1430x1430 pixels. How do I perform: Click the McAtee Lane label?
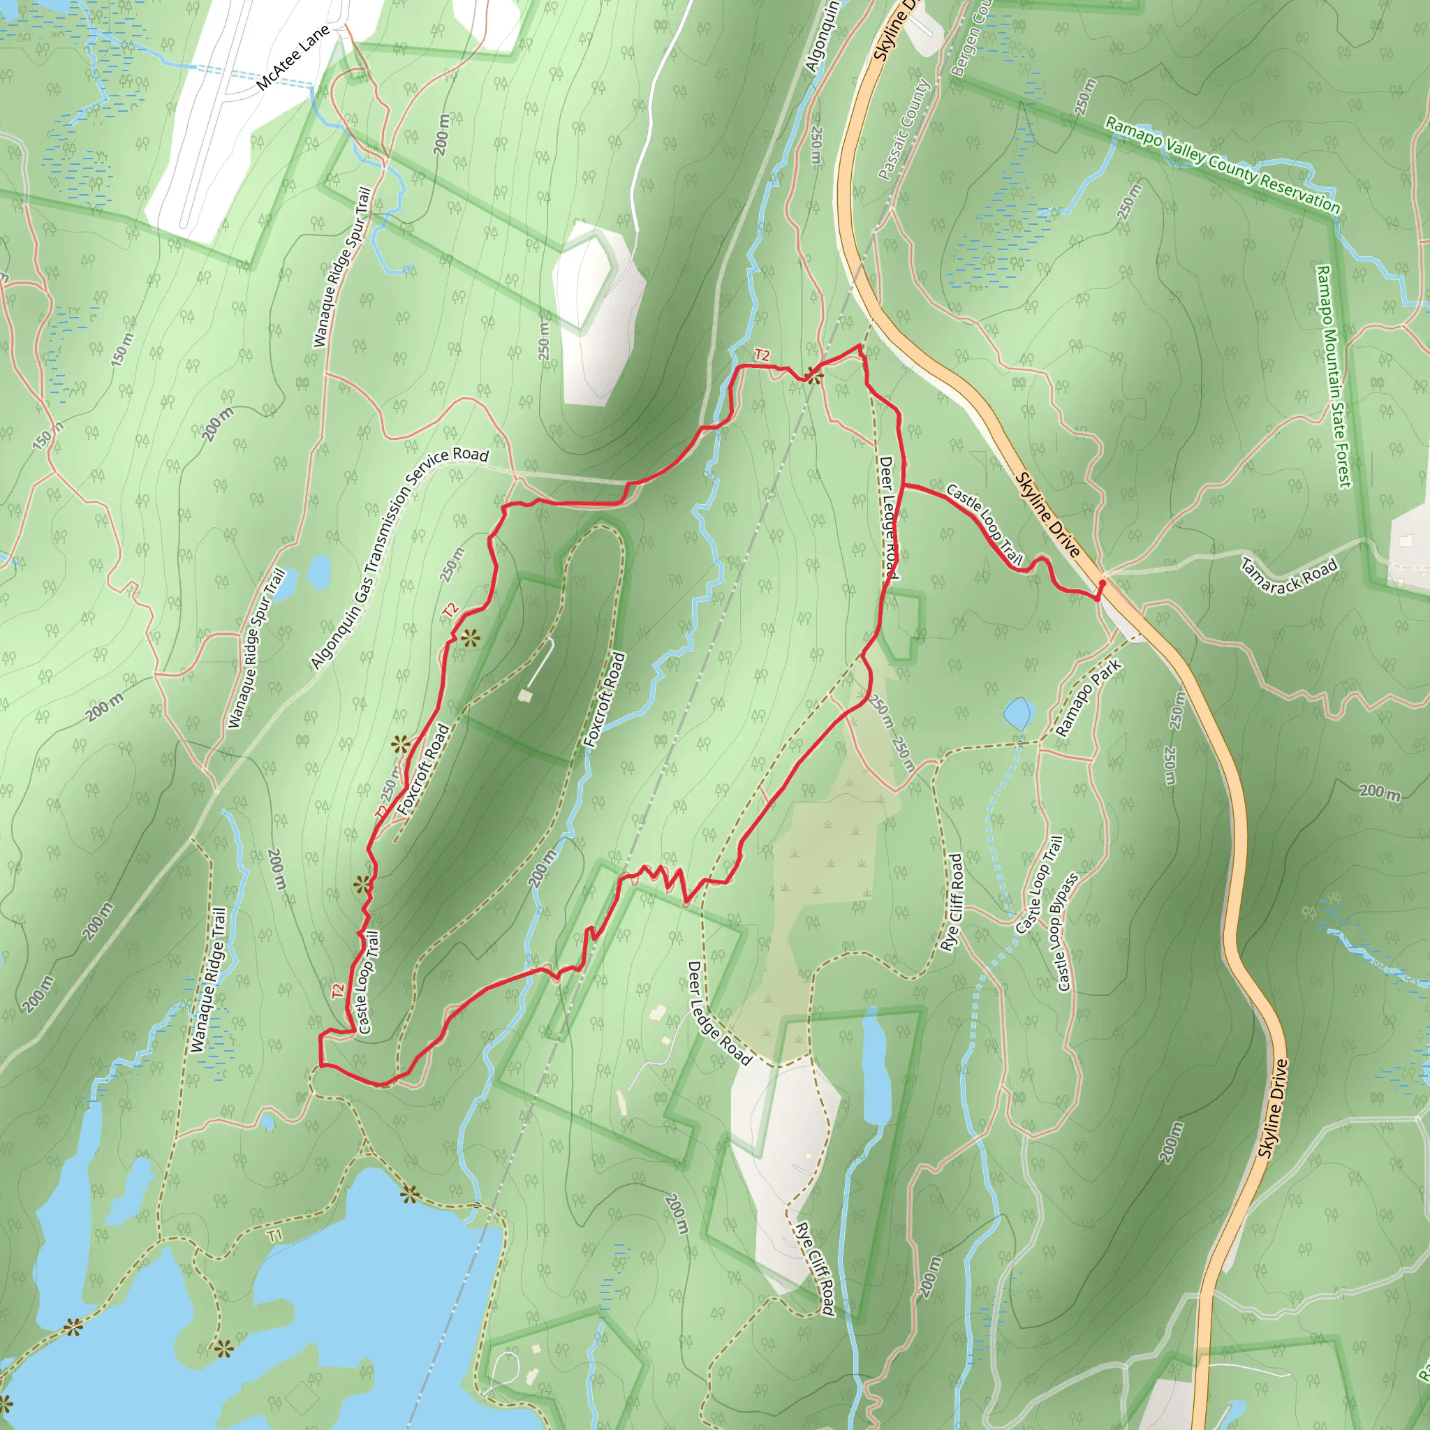pos(293,59)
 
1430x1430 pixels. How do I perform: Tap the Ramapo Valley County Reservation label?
pos(1222,165)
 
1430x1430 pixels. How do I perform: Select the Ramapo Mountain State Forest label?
pos(1333,377)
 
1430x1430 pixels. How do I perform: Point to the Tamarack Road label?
pos(1290,577)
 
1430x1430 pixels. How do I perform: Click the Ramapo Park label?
pos(1088,698)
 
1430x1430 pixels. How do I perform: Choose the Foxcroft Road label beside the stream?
pos(605,700)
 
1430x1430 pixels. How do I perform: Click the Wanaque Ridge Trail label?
pos(208,979)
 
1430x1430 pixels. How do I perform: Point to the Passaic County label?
pos(904,130)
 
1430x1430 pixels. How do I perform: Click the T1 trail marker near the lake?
pos(274,1235)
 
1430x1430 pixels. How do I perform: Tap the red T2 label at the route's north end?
pos(762,355)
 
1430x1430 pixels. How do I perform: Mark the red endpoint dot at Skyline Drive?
pos(1102,584)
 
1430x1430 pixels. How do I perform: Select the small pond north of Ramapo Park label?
pos(1018,714)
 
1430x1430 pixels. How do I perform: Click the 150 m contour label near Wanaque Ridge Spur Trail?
pos(123,349)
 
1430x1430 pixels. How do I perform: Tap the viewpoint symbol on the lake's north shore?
pos(410,1194)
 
